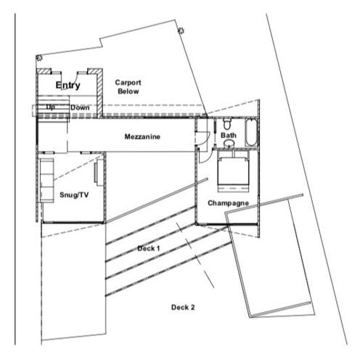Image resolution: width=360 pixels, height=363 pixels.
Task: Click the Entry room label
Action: [67, 85]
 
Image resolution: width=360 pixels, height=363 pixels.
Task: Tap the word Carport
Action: [128, 83]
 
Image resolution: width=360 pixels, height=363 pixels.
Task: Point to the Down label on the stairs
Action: [80, 107]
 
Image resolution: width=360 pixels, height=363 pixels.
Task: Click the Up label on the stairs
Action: [50, 107]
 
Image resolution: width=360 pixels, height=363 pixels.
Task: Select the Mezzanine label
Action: [142, 136]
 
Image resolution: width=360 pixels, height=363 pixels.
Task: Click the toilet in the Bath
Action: [227, 123]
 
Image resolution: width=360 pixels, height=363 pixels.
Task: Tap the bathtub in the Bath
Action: [251, 132]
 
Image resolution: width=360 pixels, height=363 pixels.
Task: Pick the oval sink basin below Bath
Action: [229, 144]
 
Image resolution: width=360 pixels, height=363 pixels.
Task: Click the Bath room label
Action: [229, 135]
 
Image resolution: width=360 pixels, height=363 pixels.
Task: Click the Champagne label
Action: [228, 203]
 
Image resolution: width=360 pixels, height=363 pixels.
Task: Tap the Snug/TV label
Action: [74, 195]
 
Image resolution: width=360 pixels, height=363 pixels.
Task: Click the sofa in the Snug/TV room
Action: [46, 180]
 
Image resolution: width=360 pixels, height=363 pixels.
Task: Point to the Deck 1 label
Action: [149, 248]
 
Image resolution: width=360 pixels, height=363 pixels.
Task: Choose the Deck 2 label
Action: [183, 307]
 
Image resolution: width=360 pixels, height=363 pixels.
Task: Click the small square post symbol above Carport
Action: [181, 30]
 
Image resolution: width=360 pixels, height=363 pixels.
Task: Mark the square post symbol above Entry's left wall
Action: [39, 58]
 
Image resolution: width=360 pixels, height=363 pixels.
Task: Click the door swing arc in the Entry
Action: [75, 81]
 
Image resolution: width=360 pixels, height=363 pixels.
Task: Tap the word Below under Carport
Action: [128, 91]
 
